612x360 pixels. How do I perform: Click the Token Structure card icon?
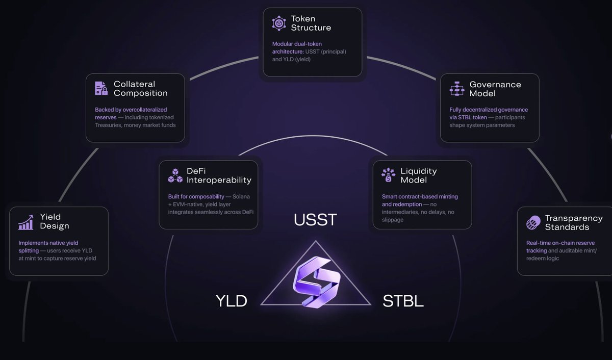(279, 23)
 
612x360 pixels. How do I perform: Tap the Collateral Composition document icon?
(101, 88)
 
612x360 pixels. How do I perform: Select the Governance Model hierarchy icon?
(456, 88)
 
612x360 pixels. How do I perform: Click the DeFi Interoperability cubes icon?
(175, 175)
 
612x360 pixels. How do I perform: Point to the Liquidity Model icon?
(388, 175)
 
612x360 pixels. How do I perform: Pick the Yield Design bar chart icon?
(25, 222)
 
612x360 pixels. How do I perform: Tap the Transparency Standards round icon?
(533, 222)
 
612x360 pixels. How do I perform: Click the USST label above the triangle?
(315, 220)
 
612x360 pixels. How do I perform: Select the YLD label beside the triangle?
(231, 301)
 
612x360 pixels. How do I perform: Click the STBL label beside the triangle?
(403, 301)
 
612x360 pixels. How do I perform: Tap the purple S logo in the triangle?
(316, 281)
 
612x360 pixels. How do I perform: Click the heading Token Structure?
(311, 23)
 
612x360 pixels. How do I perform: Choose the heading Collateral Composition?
(140, 89)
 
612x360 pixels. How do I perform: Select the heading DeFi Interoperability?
(219, 175)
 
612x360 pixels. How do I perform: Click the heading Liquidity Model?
(418, 175)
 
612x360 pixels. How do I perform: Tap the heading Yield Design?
(54, 222)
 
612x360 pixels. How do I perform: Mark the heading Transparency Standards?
(573, 222)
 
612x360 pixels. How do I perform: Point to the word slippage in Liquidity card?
(393, 220)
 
